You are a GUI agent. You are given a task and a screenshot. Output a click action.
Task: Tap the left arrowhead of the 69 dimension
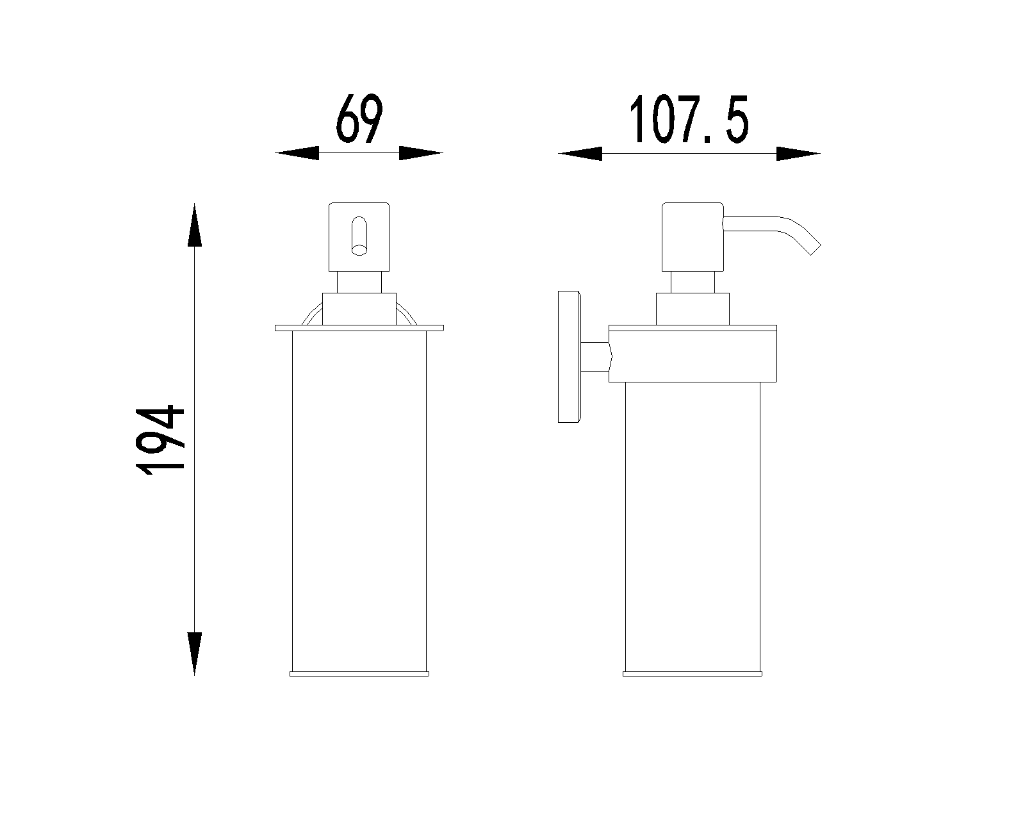[x=297, y=153]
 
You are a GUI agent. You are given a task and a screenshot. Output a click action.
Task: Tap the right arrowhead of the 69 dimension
[x=421, y=153]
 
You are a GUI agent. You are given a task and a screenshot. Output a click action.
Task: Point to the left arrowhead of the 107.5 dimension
[x=580, y=153]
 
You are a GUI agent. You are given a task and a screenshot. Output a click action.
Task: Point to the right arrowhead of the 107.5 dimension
[x=798, y=153]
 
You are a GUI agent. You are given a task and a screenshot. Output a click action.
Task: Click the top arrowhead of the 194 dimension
[x=194, y=225]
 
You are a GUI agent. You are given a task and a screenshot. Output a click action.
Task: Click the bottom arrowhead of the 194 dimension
[x=194, y=653]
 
